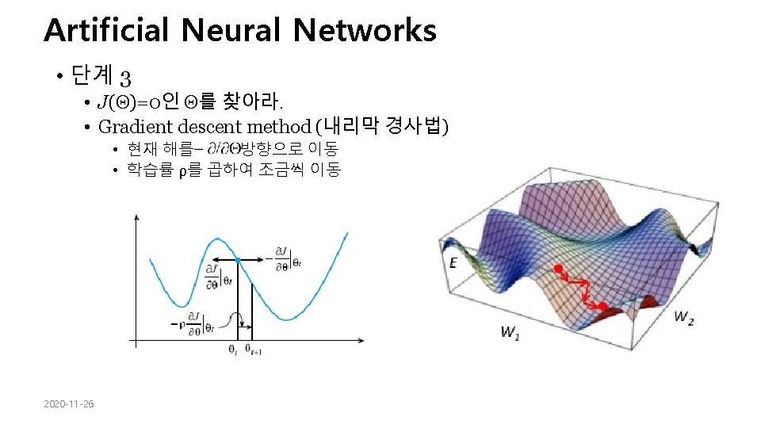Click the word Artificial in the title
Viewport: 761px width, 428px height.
point(106,31)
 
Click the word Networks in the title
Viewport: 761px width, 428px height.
point(364,31)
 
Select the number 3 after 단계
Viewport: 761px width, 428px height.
point(124,77)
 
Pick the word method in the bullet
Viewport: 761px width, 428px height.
point(278,126)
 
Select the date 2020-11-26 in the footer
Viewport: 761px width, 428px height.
point(69,405)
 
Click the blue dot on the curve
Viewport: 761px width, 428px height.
point(238,260)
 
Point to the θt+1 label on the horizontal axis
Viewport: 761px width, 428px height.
point(255,349)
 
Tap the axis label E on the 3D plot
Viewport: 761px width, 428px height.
point(453,262)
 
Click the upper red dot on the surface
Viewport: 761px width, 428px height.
point(558,269)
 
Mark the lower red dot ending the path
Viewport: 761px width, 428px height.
point(602,305)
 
